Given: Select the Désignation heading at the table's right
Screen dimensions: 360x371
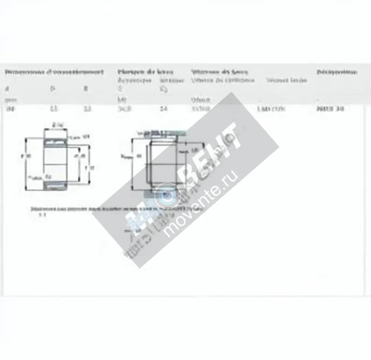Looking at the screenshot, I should pos(337,72).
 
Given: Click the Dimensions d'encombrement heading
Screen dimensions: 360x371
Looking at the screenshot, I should pos(54,72).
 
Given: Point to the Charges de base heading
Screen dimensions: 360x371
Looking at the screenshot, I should pos(145,72).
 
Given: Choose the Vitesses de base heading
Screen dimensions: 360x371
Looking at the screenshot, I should pos(219,72).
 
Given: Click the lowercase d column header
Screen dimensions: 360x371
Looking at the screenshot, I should pos(7,89).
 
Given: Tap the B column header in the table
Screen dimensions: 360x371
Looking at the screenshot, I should pos(86,89).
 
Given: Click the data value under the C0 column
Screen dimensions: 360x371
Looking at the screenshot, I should pos(164,109).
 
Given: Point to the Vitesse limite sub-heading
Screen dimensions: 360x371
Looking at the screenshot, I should pos(286,80).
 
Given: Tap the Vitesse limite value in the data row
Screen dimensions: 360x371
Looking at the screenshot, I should pos(271,109).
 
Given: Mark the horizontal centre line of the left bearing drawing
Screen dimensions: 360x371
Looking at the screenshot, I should pos(56,164).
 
